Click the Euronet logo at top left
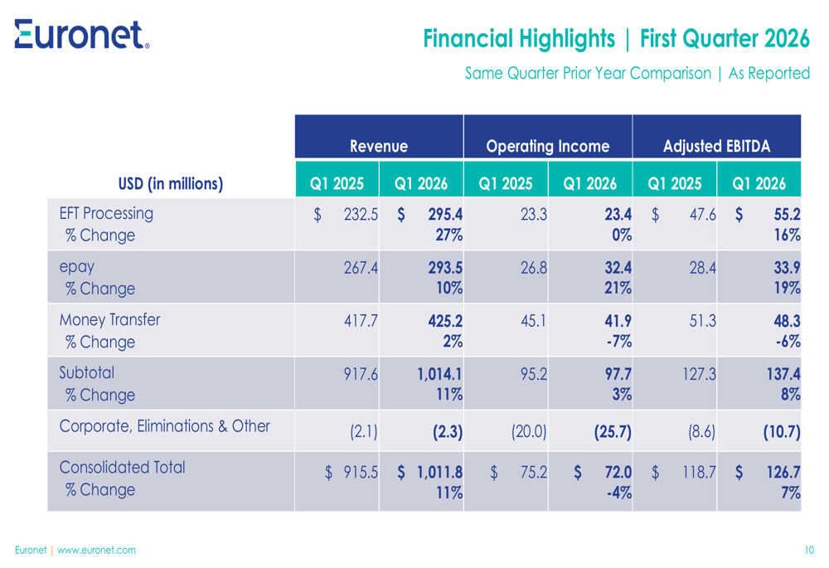coord(80,35)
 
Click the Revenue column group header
coord(379,147)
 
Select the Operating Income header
coord(548,147)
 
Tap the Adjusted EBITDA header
coord(717,147)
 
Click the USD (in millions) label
coord(171,183)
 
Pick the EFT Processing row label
coord(106,213)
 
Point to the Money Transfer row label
coord(109,319)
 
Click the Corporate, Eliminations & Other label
coord(164,426)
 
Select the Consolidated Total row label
coord(122,468)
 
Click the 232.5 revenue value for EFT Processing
coord(361,215)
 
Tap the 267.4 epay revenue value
coord(361,268)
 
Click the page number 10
coord(808,550)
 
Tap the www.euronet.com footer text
coord(96,550)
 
